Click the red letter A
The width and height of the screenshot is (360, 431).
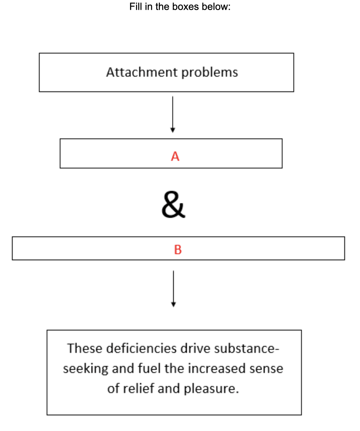pyautogui.click(x=175, y=156)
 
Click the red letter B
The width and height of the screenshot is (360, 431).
pyautogui.click(x=178, y=250)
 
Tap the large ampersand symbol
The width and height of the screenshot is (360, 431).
pyautogui.click(x=173, y=205)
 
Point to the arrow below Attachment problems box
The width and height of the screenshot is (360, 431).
pyautogui.click(x=173, y=114)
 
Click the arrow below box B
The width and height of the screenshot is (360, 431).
pyautogui.click(x=173, y=288)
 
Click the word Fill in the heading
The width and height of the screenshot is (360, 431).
pyautogui.click(x=135, y=6)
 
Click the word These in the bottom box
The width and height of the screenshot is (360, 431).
pyautogui.click(x=85, y=348)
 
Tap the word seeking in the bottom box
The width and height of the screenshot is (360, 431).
pyautogui.click(x=86, y=369)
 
